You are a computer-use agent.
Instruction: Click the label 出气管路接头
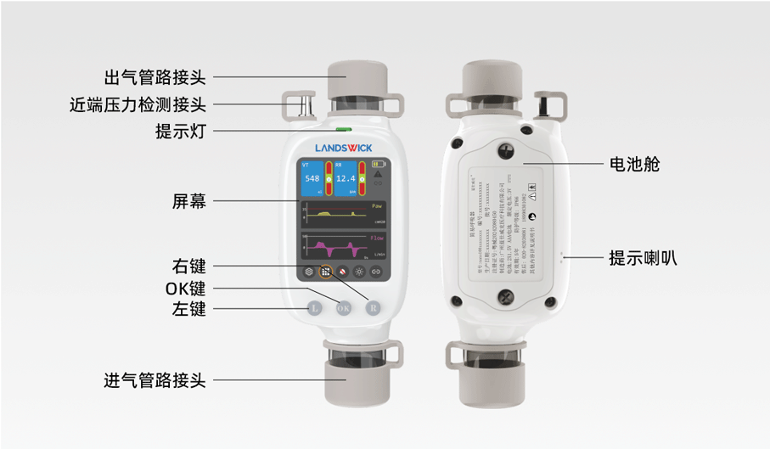coord(155,77)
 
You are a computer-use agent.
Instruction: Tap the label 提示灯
coord(180,132)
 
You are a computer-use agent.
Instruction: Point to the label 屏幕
coord(188,201)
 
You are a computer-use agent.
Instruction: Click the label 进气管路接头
coord(155,380)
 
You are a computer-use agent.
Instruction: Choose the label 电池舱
coord(634,165)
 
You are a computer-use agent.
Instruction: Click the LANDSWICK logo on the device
coord(344,148)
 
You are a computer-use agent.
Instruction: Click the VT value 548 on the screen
coord(312,179)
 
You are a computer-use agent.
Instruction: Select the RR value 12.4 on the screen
coord(345,179)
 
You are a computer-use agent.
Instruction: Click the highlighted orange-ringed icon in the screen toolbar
coord(325,273)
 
